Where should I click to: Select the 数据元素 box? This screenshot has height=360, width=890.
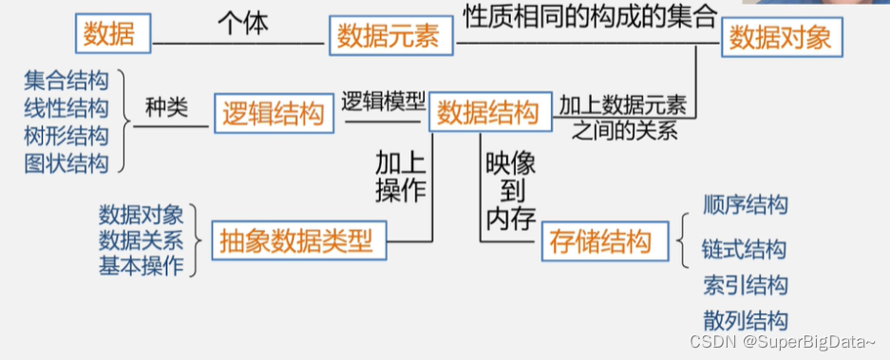click(x=388, y=38)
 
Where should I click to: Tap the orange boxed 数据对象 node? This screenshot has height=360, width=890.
click(x=782, y=38)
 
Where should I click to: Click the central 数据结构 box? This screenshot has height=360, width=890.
click(x=487, y=113)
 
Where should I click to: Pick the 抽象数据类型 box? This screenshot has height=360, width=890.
click(x=297, y=240)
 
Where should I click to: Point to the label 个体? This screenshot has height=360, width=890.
click(x=243, y=22)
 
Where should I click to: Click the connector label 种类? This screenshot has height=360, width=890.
click(x=168, y=107)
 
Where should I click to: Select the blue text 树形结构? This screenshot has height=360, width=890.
click(x=66, y=135)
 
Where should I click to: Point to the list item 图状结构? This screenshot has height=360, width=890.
click(x=66, y=162)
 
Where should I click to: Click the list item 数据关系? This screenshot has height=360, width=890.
click(x=141, y=240)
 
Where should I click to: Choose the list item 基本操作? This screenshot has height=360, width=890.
click(x=141, y=266)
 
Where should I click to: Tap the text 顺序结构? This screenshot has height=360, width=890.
click(x=746, y=204)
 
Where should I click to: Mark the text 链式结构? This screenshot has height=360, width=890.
click(x=744, y=250)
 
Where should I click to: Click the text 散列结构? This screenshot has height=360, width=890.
click(x=746, y=319)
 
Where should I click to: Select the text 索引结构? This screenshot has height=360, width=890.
click(x=746, y=285)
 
